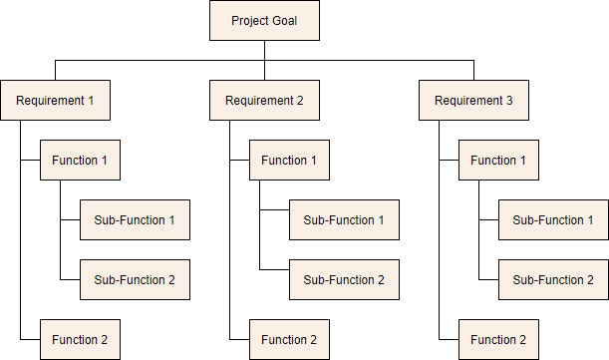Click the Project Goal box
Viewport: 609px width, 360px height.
point(264,21)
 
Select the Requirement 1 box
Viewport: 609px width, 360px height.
point(55,101)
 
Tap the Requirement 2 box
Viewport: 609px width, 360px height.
point(264,101)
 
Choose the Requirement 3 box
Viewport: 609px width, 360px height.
point(473,101)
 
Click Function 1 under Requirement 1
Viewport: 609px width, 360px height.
point(80,161)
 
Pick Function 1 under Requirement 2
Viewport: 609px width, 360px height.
point(289,161)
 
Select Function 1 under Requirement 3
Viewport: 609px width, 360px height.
point(498,161)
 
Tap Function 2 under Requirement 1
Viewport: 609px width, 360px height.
point(80,340)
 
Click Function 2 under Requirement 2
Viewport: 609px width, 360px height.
point(289,340)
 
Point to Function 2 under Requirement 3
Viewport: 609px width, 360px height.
point(498,340)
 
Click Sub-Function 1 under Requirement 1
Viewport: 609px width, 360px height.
point(135,220)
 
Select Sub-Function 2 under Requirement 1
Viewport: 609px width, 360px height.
point(135,280)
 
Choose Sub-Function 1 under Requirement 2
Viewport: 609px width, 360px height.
point(344,220)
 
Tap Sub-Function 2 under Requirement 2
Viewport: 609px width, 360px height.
point(344,280)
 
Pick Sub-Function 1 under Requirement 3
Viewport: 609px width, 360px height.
point(553,220)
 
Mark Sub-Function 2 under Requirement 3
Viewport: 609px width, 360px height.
point(553,280)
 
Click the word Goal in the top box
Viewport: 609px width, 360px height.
point(282,21)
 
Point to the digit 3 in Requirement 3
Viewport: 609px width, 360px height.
point(509,101)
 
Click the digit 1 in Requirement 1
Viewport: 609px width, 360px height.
point(91,101)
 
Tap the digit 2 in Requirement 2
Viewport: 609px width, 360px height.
point(300,101)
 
